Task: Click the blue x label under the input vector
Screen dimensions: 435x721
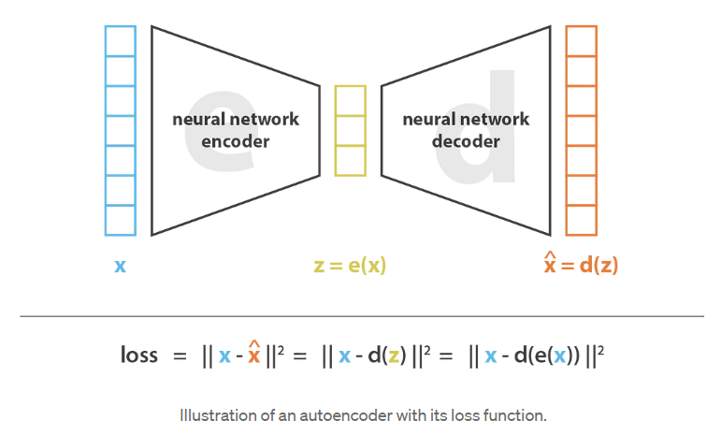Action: [x=120, y=266]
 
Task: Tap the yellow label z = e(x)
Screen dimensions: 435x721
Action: [x=350, y=266]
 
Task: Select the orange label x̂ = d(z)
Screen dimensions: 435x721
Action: [x=581, y=265]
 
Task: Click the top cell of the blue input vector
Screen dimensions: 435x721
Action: [x=120, y=41]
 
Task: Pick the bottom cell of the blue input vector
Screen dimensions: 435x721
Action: [x=120, y=220]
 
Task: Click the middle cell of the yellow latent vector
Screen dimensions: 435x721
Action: [x=350, y=130]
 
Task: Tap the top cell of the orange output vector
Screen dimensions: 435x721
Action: [x=581, y=41]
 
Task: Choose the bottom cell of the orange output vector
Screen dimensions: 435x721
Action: [x=581, y=220]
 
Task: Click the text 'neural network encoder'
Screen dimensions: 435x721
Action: [x=235, y=130]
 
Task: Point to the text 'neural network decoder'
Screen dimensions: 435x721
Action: [x=466, y=130]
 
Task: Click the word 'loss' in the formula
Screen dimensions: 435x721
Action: [x=139, y=355]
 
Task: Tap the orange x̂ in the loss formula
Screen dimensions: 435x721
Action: [x=252, y=355]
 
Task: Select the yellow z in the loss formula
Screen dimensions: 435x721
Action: [x=395, y=356]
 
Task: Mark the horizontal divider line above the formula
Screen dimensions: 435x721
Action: [x=361, y=316]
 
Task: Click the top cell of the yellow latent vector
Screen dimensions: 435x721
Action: [x=350, y=100]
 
